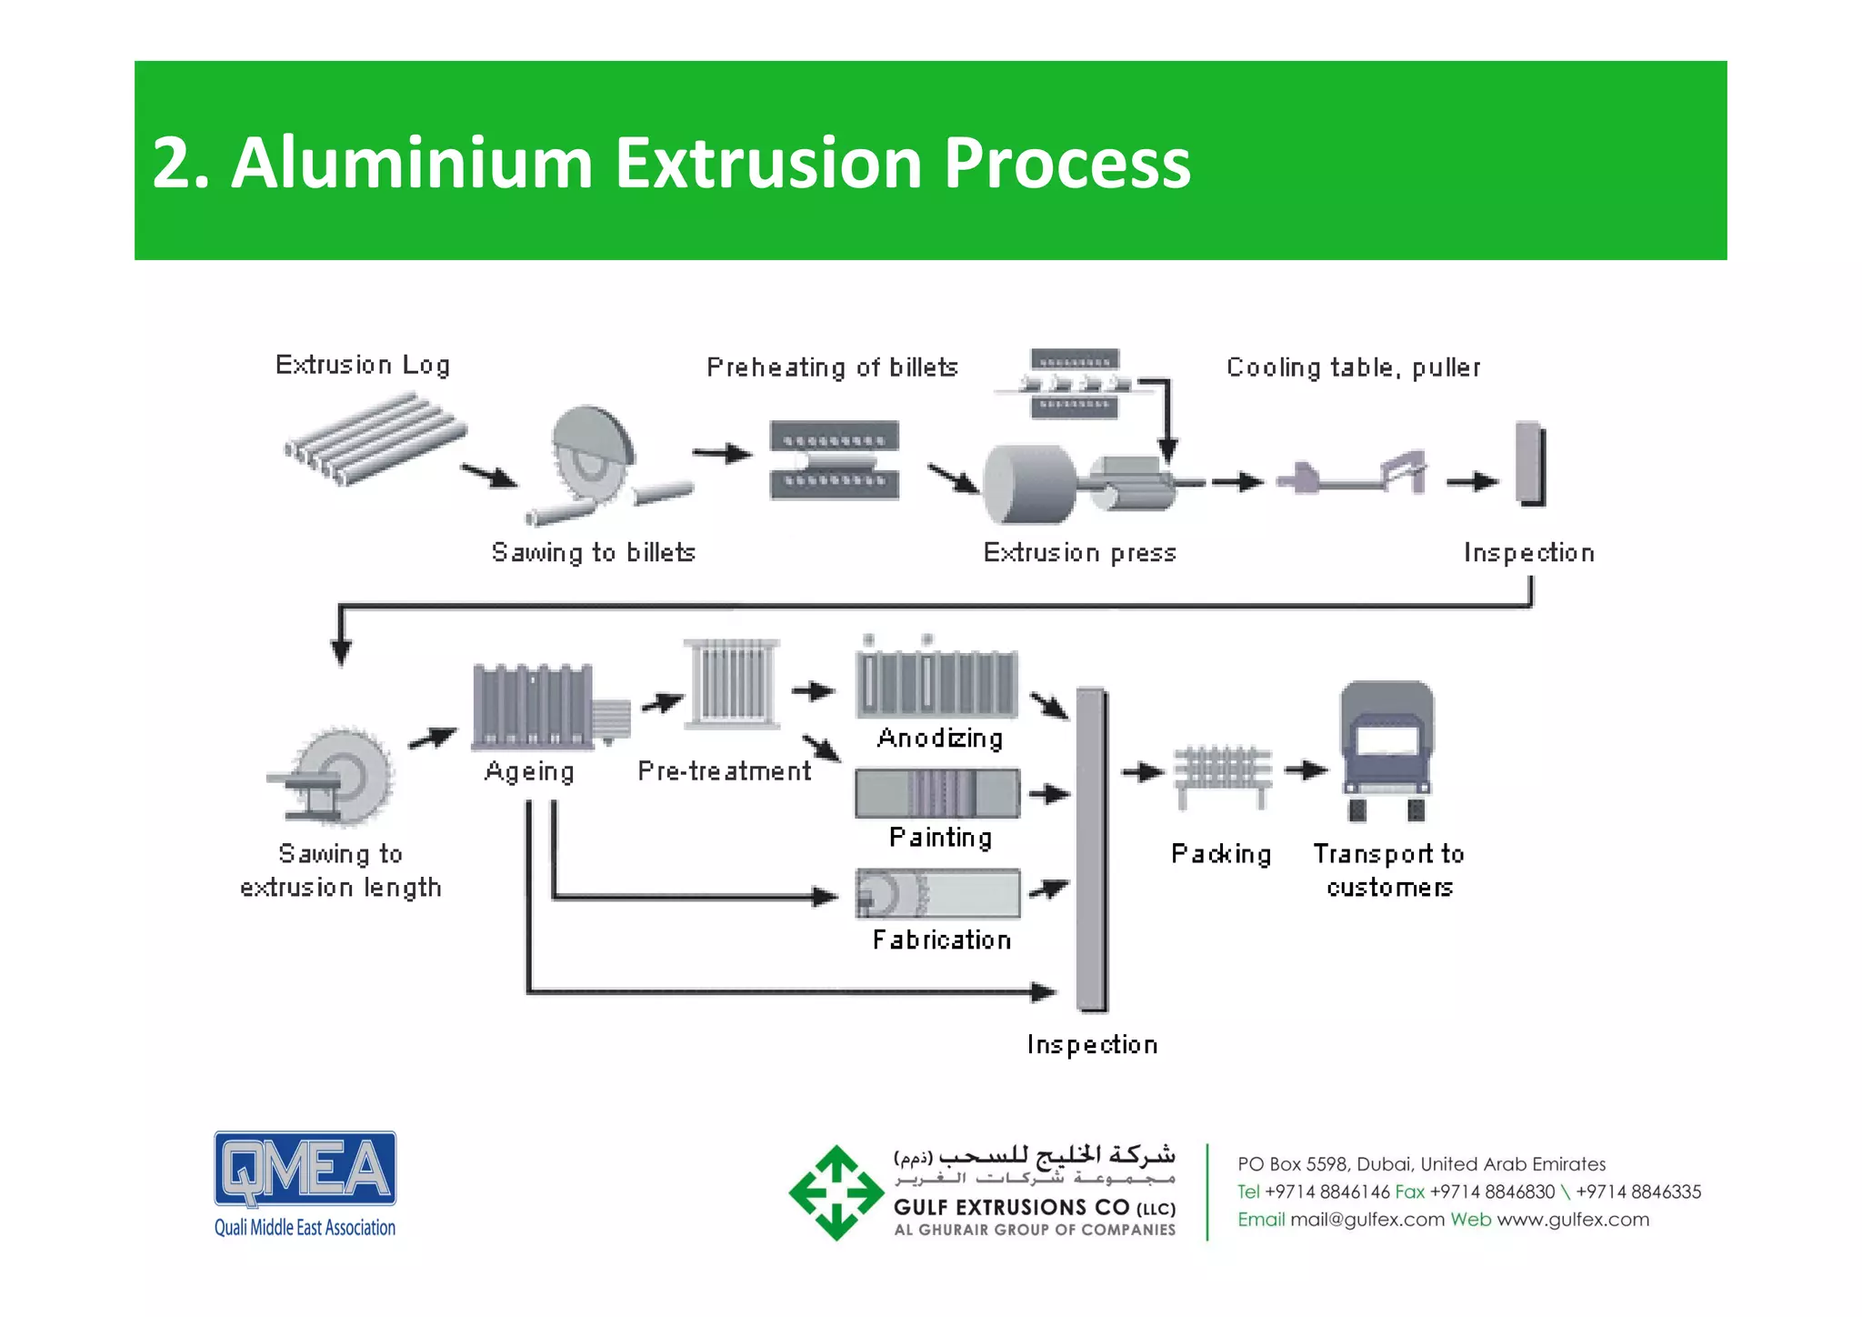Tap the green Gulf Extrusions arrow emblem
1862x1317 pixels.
coord(836,1192)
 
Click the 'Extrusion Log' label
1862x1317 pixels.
coord(363,365)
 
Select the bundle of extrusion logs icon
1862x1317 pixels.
coord(375,437)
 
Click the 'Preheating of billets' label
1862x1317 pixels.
coord(832,367)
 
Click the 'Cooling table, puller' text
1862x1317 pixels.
coord(1353,367)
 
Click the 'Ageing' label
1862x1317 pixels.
coord(529,771)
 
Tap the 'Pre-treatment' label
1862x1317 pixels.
coord(724,771)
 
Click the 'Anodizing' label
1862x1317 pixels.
coord(940,738)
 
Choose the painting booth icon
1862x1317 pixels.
coord(937,793)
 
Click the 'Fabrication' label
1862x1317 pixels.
coord(942,940)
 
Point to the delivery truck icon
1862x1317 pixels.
coord(1386,749)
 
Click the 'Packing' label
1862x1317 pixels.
coord(1221,854)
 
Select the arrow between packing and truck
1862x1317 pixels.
coord(1306,771)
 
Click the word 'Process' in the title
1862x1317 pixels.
coord(1066,164)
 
